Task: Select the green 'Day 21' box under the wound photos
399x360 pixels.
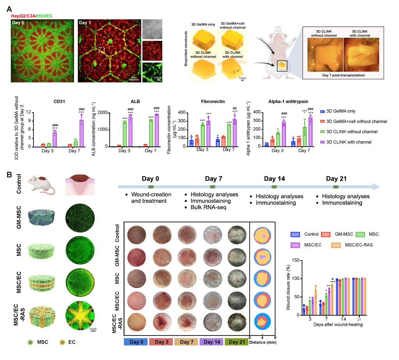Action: tap(238, 342)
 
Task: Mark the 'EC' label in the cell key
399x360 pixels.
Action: tap(71, 342)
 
